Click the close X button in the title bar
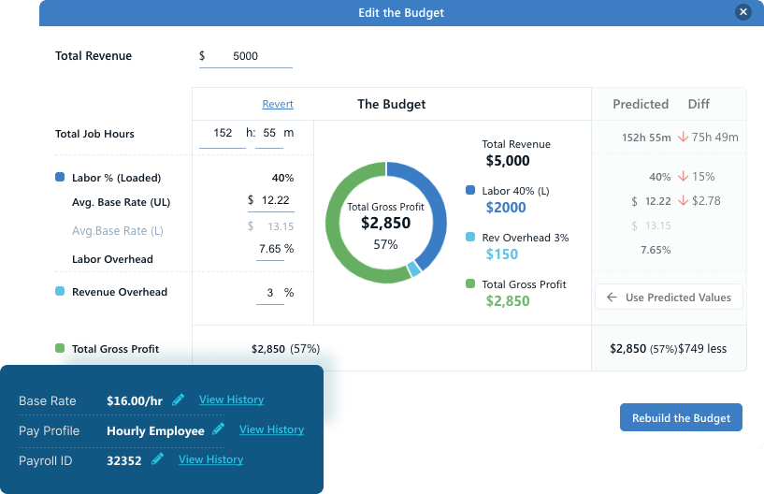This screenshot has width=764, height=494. pyautogui.click(x=743, y=12)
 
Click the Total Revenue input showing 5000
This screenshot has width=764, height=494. pyautogui.click(x=246, y=56)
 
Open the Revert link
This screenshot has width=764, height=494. pyautogui.click(x=278, y=105)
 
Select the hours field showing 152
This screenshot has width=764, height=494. pyautogui.click(x=223, y=133)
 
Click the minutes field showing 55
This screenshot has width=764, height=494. pyautogui.click(x=268, y=133)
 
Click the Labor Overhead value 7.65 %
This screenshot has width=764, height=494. pyautogui.click(x=276, y=249)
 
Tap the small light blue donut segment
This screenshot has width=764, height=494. pyautogui.click(x=413, y=269)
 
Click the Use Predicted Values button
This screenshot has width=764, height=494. pyautogui.click(x=669, y=298)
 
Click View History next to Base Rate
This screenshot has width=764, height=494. pyautogui.click(x=231, y=400)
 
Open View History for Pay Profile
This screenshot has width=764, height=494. pyautogui.click(x=271, y=429)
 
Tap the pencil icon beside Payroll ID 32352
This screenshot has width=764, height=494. pyautogui.click(x=158, y=458)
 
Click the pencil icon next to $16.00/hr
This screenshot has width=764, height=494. pyautogui.click(x=179, y=400)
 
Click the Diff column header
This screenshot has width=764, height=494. pyautogui.click(x=699, y=104)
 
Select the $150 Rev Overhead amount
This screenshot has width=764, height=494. pyautogui.click(x=502, y=254)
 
